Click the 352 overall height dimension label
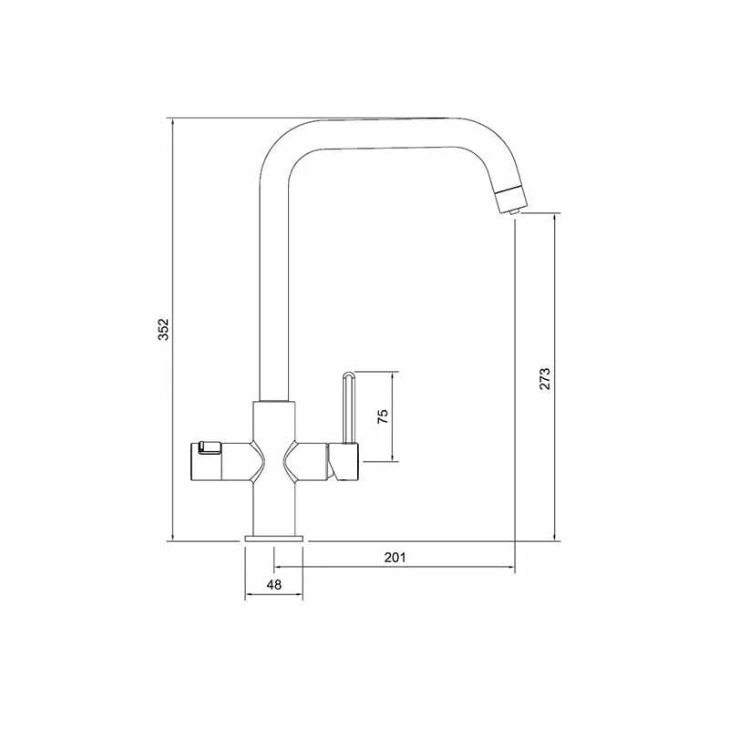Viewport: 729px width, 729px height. [163, 329]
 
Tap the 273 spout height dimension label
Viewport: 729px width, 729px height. [544, 378]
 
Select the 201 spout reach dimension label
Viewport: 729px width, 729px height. [395, 557]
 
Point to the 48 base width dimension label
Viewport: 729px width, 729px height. [274, 584]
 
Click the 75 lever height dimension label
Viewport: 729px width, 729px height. [383, 416]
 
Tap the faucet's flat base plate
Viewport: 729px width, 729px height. [274, 539]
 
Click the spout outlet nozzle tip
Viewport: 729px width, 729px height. [513, 211]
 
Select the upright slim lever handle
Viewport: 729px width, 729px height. [348, 407]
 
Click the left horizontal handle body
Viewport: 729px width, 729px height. [227, 462]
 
